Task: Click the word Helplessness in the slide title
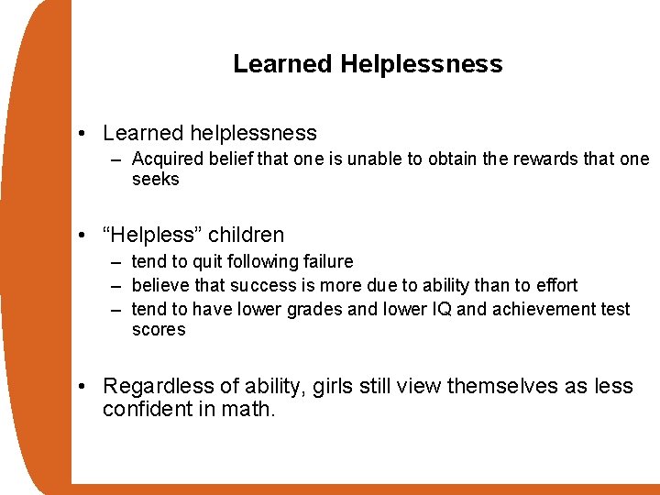click(422, 64)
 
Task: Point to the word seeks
click(155, 180)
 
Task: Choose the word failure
click(326, 262)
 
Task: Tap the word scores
click(158, 330)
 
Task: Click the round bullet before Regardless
click(83, 386)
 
